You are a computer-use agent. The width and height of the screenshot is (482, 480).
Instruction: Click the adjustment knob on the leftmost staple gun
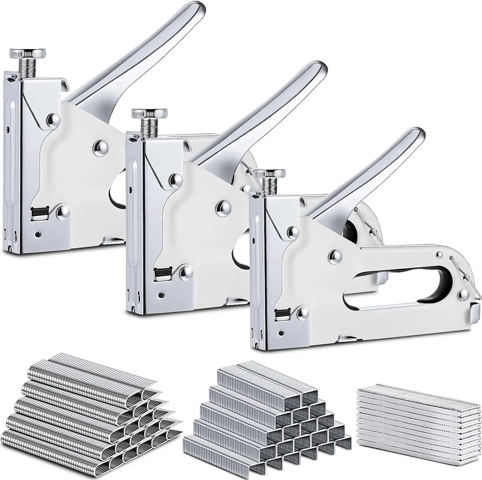click(x=27, y=53)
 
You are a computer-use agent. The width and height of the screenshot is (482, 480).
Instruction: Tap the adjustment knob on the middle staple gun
click(x=149, y=114)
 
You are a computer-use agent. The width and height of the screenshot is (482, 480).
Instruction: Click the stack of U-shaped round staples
click(x=87, y=414)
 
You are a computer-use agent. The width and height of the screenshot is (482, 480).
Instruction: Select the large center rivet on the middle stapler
click(x=223, y=206)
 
